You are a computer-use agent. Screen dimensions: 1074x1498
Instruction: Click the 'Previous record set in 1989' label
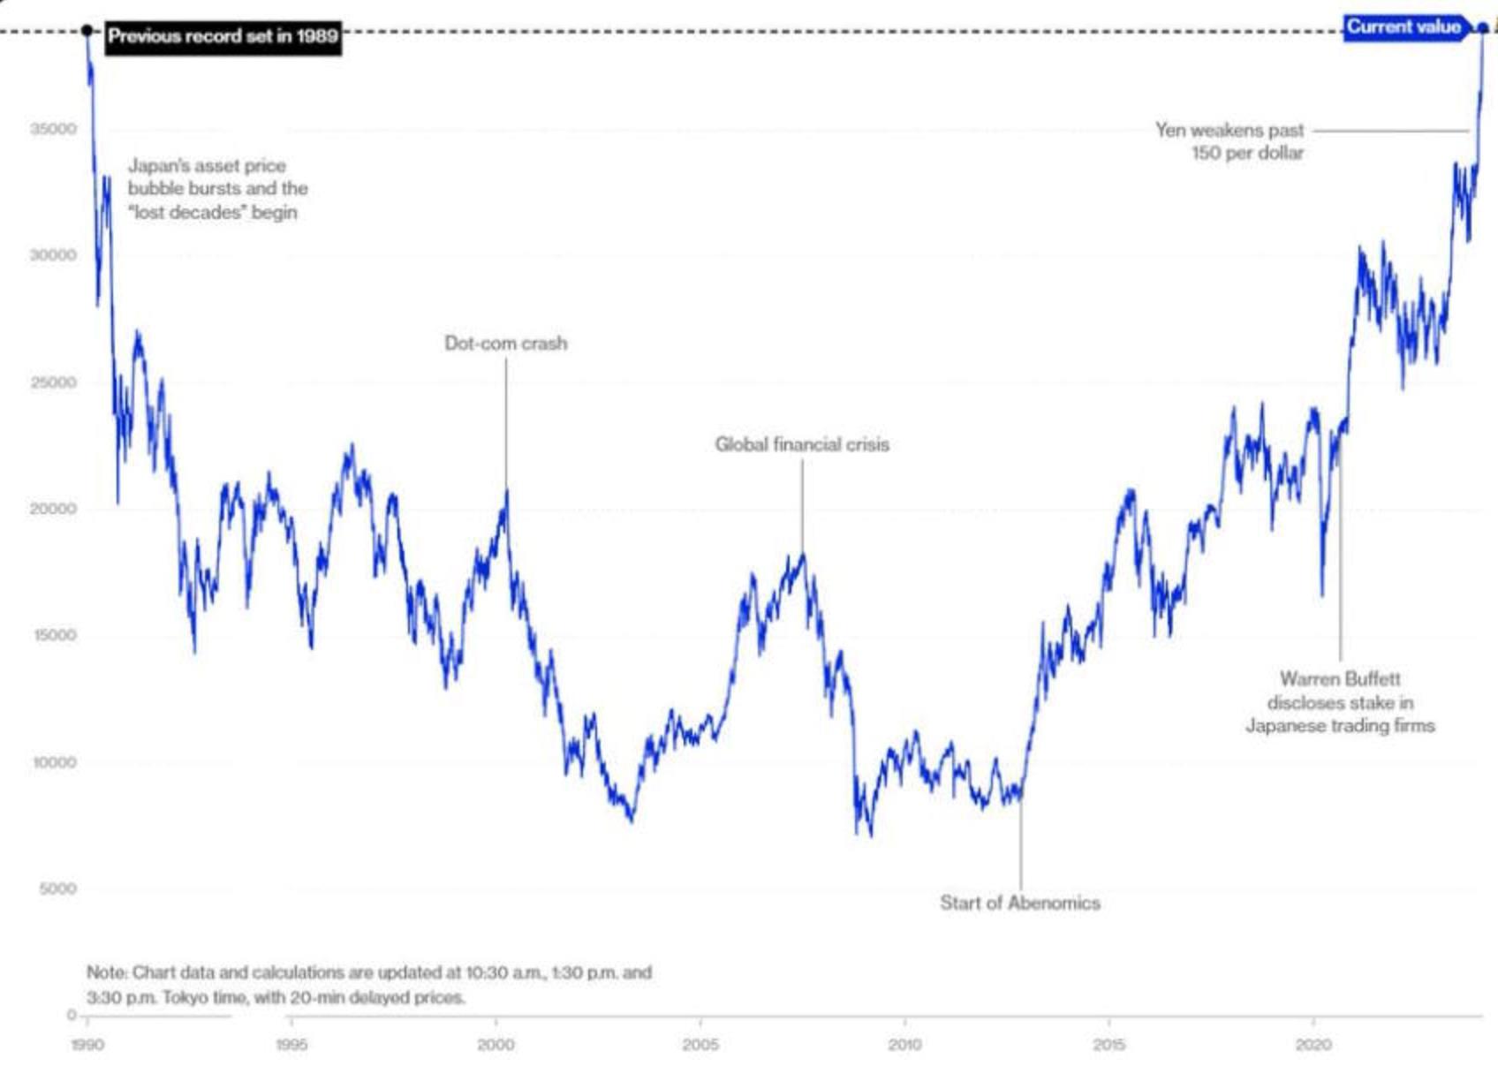[223, 36]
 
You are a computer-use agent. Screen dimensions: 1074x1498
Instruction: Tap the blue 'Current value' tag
[1403, 27]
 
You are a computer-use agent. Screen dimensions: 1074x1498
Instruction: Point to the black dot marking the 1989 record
[87, 31]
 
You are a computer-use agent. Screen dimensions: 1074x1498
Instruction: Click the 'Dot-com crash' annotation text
[505, 344]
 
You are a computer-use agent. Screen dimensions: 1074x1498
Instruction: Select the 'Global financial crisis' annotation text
[802, 444]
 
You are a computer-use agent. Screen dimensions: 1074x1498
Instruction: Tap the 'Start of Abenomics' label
[1019, 903]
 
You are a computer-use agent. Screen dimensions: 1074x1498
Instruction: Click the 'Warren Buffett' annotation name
[1340, 679]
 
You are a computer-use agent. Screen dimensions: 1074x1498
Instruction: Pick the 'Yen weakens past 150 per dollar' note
[1229, 141]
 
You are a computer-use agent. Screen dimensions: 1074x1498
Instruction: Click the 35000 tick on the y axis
[54, 129]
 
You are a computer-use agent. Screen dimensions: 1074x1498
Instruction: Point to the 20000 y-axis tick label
[54, 509]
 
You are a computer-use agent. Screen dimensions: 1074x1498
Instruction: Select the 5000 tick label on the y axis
[57, 889]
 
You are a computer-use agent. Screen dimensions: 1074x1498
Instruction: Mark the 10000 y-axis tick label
[54, 762]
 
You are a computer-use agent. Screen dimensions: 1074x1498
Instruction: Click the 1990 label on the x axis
[87, 1045]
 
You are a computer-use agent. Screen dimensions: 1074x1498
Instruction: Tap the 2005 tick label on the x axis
[700, 1045]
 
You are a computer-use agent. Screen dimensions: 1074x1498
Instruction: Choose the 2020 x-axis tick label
[1313, 1045]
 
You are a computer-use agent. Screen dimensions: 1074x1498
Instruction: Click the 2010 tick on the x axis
[904, 1045]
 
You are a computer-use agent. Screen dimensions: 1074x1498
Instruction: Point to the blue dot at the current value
[1483, 28]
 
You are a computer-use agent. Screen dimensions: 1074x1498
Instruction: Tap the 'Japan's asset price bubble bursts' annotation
[217, 188]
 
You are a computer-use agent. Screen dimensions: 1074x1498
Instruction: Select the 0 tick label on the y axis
[72, 1015]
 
